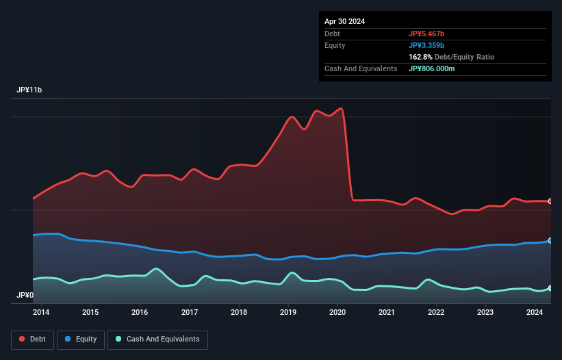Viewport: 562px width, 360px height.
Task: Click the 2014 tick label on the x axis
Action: tap(41, 313)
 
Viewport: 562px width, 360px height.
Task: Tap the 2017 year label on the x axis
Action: tap(190, 313)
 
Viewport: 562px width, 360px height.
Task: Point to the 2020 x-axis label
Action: tap(337, 313)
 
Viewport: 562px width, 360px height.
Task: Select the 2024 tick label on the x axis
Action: tap(535, 313)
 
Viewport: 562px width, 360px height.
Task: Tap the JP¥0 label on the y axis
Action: tap(25, 296)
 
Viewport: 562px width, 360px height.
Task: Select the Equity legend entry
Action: tap(80, 339)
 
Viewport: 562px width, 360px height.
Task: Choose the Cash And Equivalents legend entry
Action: tap(157, 339)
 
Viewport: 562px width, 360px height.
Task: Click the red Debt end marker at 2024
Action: tap(550, 201)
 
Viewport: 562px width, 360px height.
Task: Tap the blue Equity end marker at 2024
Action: tap(550, 241)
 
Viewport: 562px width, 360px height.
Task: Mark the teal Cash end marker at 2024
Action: tap(550, 288)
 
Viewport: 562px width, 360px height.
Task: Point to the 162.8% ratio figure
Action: tap(421, 57)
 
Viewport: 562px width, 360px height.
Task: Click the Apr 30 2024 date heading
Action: tap(344, 21)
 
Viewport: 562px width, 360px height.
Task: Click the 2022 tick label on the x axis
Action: tap(436, 313)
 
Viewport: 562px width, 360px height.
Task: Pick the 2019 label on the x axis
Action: tap(288, 313)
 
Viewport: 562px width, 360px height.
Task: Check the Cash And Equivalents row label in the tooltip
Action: tap(361, 69)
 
